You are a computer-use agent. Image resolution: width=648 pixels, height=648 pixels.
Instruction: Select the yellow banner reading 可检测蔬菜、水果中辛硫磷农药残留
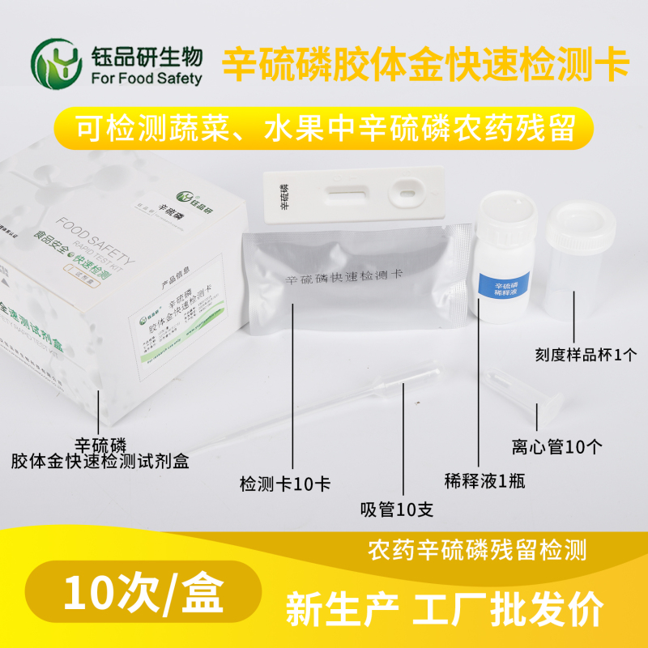[324, 129]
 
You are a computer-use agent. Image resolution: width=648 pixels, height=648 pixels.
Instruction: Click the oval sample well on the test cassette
[403, 194]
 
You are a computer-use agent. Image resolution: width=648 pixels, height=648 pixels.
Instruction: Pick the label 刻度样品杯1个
[579, 354]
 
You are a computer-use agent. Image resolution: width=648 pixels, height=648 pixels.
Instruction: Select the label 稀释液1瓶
[485, 480]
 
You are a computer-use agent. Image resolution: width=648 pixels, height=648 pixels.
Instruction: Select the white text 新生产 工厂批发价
[444, 604]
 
